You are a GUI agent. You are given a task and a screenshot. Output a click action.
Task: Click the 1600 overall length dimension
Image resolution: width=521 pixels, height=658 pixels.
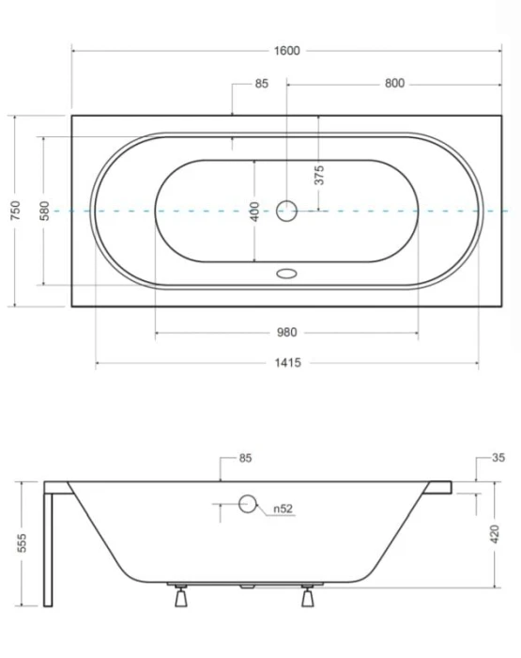click(x=286, y=51)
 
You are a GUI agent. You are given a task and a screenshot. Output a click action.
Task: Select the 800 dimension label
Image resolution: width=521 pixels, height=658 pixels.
click(x=394, y=84)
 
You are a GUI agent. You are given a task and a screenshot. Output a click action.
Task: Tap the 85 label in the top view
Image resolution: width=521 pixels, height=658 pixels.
click(x=261, y=84)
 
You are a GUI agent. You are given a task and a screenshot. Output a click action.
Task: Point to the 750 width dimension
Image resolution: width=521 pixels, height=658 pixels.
click(x=15, y=211)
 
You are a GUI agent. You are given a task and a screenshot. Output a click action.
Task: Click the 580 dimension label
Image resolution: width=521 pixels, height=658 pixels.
click(x=44, y=211)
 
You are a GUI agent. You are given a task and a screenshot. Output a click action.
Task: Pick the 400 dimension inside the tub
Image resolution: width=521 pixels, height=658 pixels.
click(x=254, y=211)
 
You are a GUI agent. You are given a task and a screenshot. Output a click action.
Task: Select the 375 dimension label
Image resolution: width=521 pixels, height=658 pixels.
click(x=319, y=175)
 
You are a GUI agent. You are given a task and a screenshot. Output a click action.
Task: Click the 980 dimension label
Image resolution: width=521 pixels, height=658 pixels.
click(x=286, y=333)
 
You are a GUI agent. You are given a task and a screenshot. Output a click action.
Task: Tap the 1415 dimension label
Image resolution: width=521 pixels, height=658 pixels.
click(x=287, y=363)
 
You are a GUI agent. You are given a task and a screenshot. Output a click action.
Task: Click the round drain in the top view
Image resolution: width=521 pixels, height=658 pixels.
click(x=286, y=211)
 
